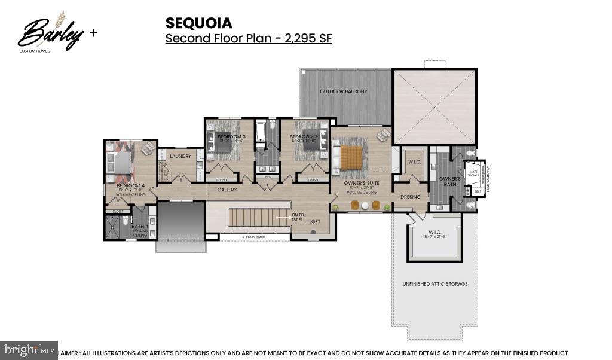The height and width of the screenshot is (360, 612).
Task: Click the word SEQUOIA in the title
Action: [198, 23]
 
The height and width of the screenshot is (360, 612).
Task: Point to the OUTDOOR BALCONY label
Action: [344, 91]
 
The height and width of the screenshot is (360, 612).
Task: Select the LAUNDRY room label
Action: [180, 157]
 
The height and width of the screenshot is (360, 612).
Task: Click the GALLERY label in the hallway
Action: [227, 190]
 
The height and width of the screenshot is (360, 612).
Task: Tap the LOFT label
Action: [314, 222]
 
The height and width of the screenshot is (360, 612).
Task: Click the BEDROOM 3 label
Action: [231, 137]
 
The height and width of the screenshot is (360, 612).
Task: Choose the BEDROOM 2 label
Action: [303, 137]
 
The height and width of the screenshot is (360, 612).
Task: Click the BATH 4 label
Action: [140, 227]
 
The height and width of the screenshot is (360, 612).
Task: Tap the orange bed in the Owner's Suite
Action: [351, 157]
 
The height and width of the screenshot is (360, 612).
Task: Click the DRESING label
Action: [411, 197]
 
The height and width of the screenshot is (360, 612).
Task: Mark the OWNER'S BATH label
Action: [449, 181]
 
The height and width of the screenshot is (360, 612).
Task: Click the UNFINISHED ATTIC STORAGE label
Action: [434, 283]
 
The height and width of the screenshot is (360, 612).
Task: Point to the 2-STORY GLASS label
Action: [253, 237]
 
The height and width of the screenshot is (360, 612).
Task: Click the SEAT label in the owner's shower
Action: [477, 191]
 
